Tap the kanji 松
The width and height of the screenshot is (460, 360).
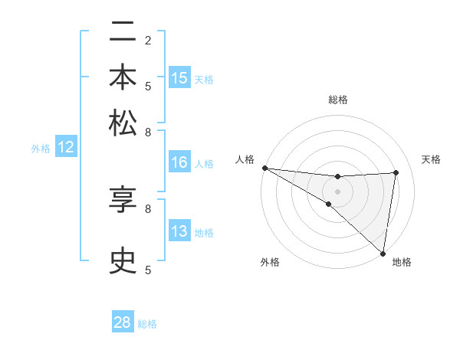(x=123, y=123)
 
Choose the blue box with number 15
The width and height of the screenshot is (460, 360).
(x=179, y=78)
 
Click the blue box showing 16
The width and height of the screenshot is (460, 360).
(x=179, y=162)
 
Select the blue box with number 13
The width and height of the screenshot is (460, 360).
(x=179, y=232)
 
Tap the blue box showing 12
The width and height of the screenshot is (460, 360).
(x=66, y=148)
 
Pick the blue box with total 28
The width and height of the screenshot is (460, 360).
(x=123, y=322)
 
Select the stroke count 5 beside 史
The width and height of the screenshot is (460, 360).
(x=148, y=269)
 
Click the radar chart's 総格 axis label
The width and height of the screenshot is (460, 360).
(x=337, y=100)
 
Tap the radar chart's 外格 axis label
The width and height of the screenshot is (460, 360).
(x=270, y=262)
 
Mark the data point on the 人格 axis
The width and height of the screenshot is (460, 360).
(x=264, y=168)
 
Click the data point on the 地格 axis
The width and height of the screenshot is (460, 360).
(x=383, y=253)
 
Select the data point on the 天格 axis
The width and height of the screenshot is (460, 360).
(x=396, y=172)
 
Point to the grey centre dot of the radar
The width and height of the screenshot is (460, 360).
(x=337, y=191)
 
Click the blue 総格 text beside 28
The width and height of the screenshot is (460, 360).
(x=148, y=324)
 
